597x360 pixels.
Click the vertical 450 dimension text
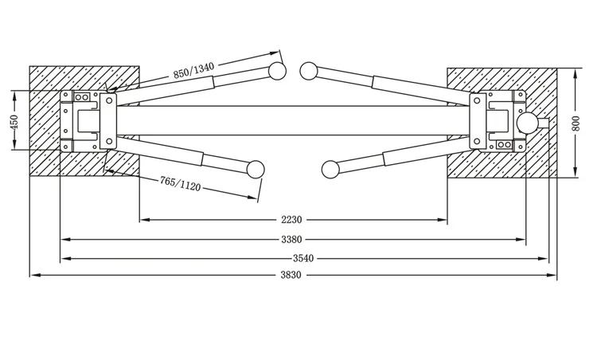(x=14, y=120)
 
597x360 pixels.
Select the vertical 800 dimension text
(x=576, y=123)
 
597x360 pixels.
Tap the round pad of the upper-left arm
(x=277, y=71)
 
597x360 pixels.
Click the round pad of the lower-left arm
(x=256, y=169)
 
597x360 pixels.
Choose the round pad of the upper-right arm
(x=309, y=71)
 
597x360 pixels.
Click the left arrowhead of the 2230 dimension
(x=143, y=220)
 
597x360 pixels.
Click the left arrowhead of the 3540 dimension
(x=64, y=257)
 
